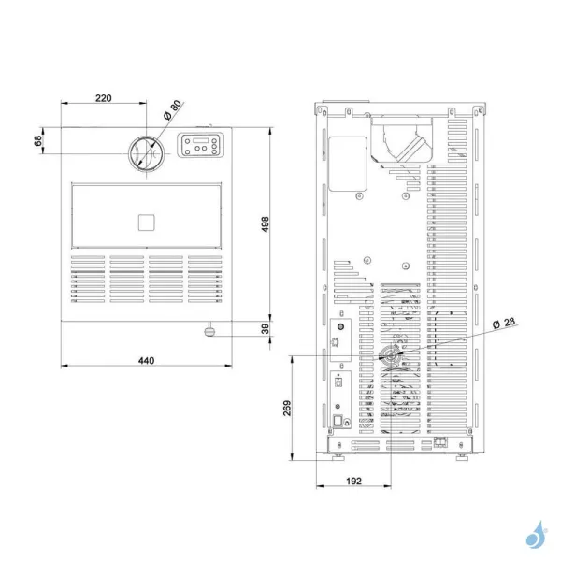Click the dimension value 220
[103, 97]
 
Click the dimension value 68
[38, 140]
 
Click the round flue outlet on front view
[145, 152]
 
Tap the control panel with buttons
[201, 147]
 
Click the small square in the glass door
[145, 222]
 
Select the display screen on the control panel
[202, 141]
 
